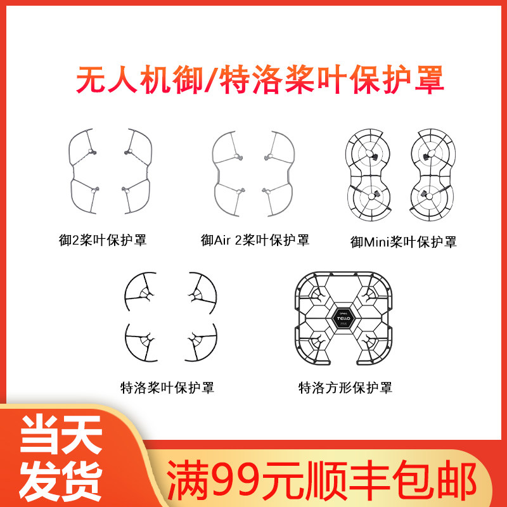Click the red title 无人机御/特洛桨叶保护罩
(260, 80)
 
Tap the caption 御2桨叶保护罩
(103, 240)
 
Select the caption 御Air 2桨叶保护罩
(255, 240)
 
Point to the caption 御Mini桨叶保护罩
(404, 242)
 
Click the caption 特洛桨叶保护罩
(167, 387)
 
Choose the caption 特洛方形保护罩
(345, 387)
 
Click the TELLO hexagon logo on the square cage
(343, 319)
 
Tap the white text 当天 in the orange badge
(61, 434)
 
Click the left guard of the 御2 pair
(72, 171)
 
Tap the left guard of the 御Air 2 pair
(215, 174)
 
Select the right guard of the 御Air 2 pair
(291, 174)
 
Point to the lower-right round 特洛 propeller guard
(215, 342)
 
